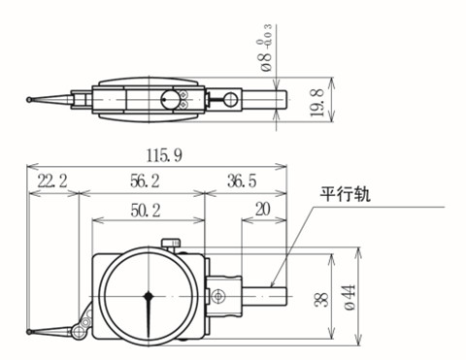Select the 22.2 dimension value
click(x=50, y=180)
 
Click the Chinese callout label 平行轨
click(x=346, y=193)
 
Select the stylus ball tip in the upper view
click(x=30, y=97)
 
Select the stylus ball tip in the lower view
click(x=31, y=336)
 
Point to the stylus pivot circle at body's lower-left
click(x=86, y=322)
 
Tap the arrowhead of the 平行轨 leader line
click(x=273, y=283)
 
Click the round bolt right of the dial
click(x=219, y=294)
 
